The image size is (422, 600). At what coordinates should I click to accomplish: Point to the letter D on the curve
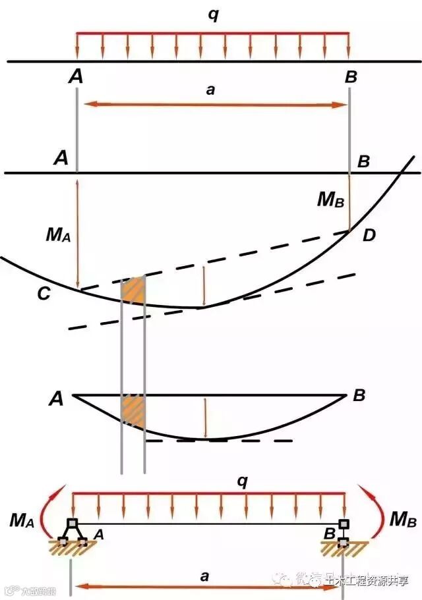pos(369,234)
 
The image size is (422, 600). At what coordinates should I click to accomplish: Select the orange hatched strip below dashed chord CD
pos(133,290)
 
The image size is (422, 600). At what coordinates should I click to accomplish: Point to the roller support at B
pos(343,533)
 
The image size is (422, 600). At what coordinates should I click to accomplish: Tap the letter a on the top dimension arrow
pos(210,90)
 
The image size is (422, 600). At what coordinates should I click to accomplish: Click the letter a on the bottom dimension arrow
pos(204,576)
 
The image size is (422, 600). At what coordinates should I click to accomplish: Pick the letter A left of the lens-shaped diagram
pos(55,399)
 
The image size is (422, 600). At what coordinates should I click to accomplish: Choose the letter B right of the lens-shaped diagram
pos(359,396)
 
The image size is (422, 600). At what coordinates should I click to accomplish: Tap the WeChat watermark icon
pos(287,580)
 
